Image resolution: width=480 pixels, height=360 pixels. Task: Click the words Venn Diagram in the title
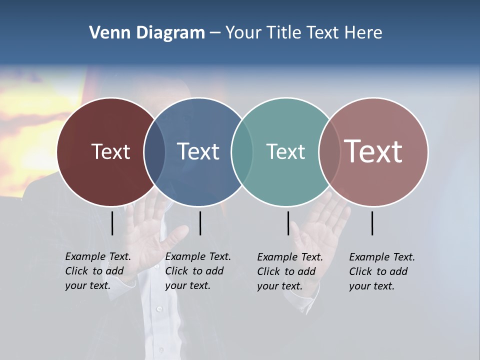(147, 33)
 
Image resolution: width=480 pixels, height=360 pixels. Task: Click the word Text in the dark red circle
(110, 151)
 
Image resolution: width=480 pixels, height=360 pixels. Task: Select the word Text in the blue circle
(198, 151)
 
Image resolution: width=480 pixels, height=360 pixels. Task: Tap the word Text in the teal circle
(285, 151)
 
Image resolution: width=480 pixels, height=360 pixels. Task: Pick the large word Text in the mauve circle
(373, 151)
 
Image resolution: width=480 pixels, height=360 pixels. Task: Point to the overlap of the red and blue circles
(154, 151)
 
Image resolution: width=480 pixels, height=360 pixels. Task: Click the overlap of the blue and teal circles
(241, 151)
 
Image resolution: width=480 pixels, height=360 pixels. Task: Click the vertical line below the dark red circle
(112, 223)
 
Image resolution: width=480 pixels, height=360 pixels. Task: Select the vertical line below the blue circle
(200, 223)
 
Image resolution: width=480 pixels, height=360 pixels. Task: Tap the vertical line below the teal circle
(288, 223)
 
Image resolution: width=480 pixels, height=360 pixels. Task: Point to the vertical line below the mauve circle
(372, 223)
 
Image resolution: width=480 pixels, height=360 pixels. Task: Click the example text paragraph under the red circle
(98, 271)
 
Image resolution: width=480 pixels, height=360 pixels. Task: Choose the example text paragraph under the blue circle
(198, 271)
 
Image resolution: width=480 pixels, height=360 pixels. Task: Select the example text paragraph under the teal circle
(290, 271)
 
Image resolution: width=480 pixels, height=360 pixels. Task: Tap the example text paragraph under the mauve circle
(382, 271)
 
